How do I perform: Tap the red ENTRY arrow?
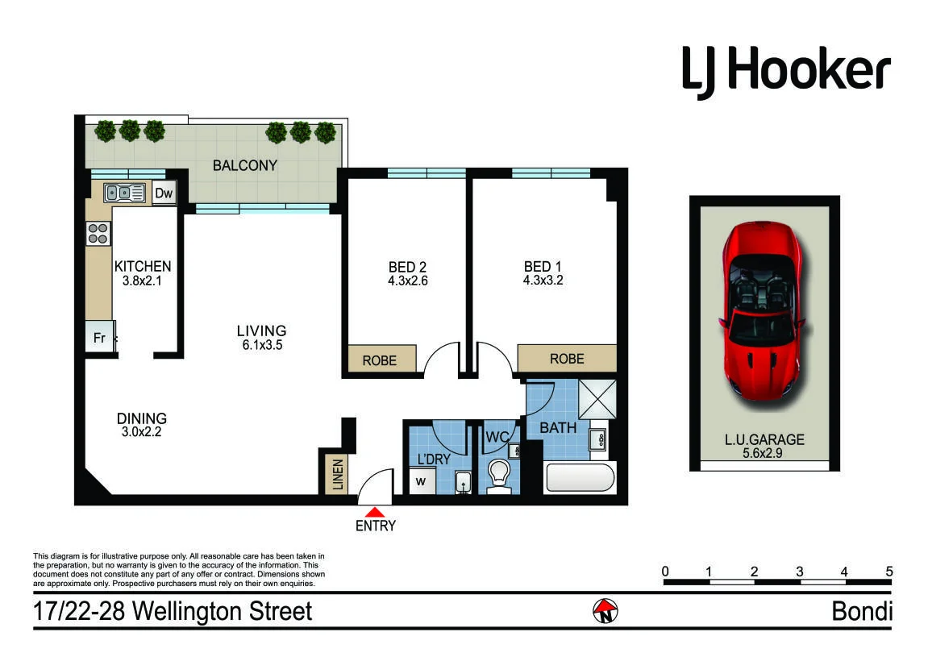375,513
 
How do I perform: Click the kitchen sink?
124,193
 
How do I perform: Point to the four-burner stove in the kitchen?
98,233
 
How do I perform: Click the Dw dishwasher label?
164,193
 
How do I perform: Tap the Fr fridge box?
99,337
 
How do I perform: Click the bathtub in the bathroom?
580,478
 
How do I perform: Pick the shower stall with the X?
597,400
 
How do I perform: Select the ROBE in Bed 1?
567,359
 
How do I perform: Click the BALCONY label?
245,166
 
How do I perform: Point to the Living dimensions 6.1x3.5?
262,345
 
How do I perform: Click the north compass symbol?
605,611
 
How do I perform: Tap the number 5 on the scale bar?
888,572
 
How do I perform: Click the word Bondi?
862,611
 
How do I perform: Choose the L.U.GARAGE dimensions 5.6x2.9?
762,453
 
